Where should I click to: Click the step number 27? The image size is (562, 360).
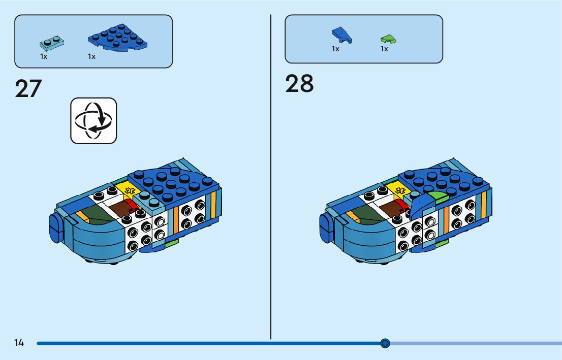(x=28, y=88)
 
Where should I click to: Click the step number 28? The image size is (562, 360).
(x=299, y=84)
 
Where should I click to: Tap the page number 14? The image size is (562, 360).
(x=19, y=343)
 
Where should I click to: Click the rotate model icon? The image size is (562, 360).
(x=93, y=121)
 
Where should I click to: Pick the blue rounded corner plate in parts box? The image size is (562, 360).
(x=118, y=38)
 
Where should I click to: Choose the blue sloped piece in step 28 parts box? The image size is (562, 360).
(x=341, y=35)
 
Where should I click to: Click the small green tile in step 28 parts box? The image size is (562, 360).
(x=388, y=39)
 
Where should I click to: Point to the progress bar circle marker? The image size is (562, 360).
(x=385, y=343)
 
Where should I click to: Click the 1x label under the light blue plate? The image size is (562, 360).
(x=44, y=57)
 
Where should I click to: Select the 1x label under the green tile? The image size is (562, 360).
(x=384, y=49)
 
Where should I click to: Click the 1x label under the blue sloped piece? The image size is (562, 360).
(x=335, y=49)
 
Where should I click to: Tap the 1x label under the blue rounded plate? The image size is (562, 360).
(x=91, y=57)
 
